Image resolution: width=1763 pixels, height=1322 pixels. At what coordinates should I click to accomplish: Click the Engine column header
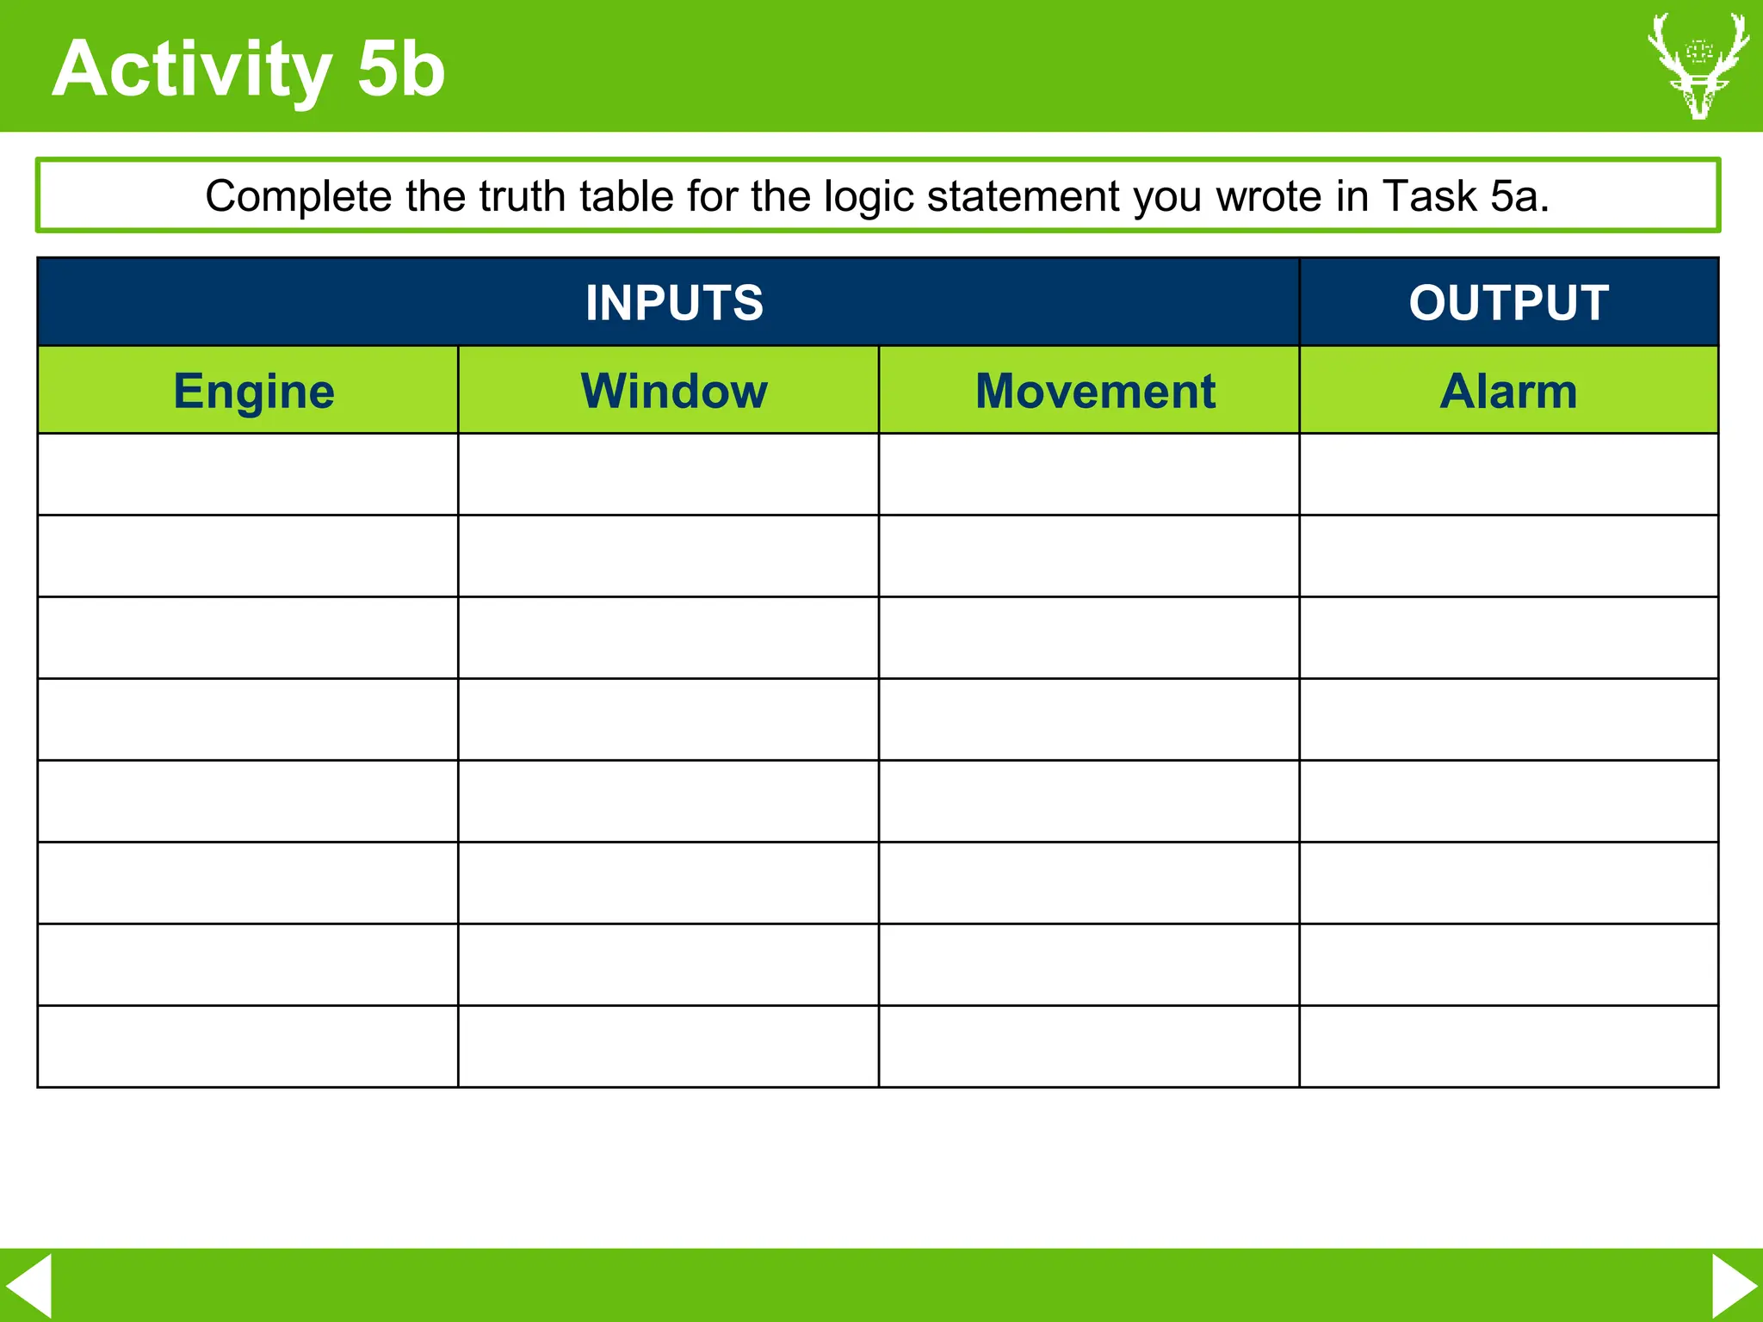[x=254, y=392]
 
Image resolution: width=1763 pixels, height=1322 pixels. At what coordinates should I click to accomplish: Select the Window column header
[x=674, y=392]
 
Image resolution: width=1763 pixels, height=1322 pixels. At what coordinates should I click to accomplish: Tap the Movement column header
[x=1095, y=392]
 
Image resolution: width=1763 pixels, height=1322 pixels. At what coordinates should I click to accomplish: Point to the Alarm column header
[x=1508, y=392]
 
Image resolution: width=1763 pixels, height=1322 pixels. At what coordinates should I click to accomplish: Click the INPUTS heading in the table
[x=674, y=303]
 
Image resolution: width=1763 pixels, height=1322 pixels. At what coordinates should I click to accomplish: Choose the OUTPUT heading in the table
[x=1508, y=303]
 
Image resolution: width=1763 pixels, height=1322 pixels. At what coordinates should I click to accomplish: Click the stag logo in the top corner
[x=1698, y=66]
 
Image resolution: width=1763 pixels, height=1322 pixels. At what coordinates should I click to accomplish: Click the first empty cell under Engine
[x=248, y=474]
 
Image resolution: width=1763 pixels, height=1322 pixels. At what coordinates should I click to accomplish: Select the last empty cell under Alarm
[x=1508, y=1047]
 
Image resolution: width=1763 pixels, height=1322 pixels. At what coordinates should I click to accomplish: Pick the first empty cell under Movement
[x=1089, y=474]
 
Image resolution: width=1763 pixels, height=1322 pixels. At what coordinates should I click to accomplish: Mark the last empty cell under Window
[x=668, y=1047]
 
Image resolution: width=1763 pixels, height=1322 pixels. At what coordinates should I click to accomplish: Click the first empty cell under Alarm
[x=1508, y=474]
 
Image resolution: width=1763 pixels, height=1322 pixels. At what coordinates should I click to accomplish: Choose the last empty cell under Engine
[x=248, y=1047]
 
